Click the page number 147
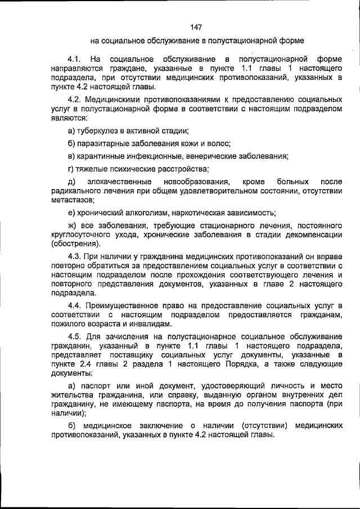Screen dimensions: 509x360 pyautogui.click(x=196, y=27)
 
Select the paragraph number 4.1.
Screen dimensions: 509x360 pyautogui.click(x=75, y=58)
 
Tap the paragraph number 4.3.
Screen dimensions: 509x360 pyautogui.click(x=74, y=256)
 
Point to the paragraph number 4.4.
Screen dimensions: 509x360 pyautogui.click(x=74, y=305)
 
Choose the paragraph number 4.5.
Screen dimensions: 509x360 pyautogui.click(x=74, y=336)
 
